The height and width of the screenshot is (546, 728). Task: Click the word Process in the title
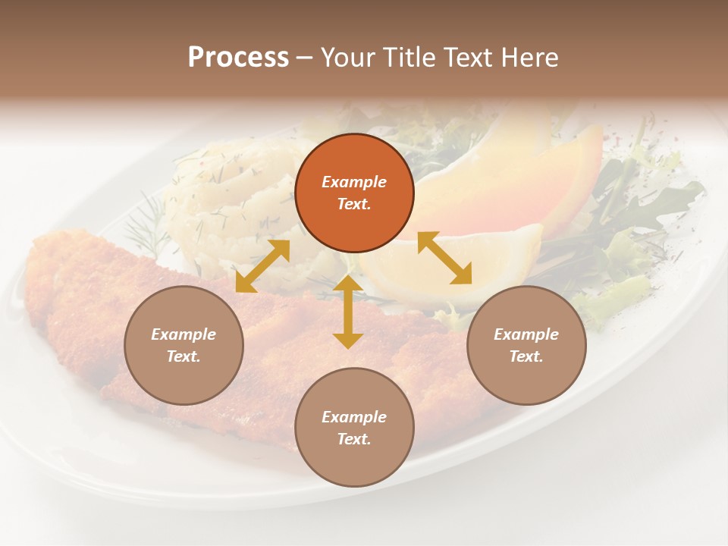(238, 58)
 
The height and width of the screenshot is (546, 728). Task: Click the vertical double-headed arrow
(347, 312)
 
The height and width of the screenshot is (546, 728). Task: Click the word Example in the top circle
(354, 182)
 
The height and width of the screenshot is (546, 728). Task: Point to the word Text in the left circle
(184, 356)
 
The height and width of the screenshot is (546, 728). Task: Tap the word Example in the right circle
(526, 334)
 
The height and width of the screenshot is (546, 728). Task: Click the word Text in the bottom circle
(354, 439)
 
